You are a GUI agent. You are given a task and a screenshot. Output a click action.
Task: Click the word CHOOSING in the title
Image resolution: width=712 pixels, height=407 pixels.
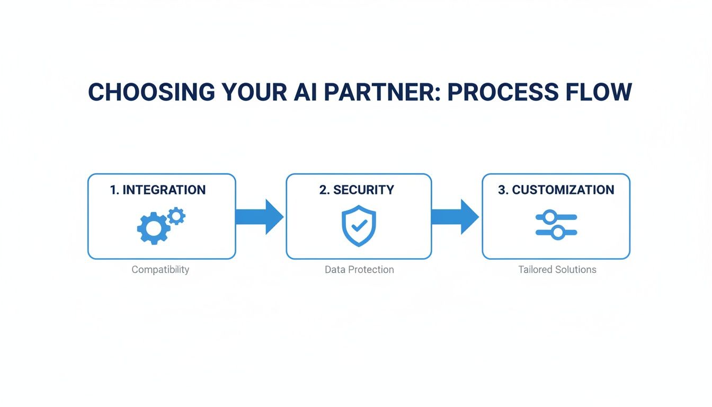152,92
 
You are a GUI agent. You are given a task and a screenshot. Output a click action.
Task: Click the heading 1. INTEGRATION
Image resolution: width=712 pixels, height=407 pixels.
158,190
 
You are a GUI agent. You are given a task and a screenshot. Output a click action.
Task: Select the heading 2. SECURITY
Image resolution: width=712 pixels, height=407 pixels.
357,190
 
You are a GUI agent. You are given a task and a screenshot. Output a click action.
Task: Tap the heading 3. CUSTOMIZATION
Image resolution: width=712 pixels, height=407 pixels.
556,190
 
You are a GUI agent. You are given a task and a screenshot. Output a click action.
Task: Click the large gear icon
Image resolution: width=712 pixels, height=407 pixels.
154,228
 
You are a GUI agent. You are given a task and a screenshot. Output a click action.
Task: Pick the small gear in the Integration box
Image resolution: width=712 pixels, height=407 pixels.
176,216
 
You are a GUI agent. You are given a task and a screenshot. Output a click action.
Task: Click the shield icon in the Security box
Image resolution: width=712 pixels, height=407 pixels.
359,226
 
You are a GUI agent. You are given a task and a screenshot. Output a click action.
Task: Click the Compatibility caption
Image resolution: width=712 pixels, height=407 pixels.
160,270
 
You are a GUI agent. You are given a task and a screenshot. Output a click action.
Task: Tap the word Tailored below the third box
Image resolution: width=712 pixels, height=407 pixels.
536,270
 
